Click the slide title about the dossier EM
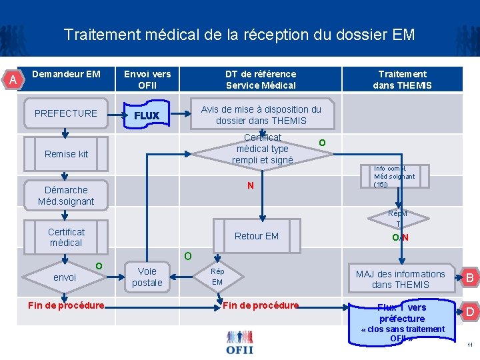pos(239,35)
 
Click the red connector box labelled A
pos(13,80)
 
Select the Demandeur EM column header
pos(66,74)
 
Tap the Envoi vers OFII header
pos(147,79)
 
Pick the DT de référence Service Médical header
pos(261,79)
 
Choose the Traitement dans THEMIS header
pos(402,79)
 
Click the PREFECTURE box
pos(66,113)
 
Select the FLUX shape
pos(147,115)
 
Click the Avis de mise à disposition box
pos(261,115)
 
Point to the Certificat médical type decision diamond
pos(262,149)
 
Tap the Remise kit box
pos(66,154)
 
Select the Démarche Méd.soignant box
pos(66,195)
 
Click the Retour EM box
pos(257,236)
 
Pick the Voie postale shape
pos(147,277)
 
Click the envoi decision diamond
pos(65,277)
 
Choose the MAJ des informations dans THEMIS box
pos(400,279)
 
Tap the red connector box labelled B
pos(469,278)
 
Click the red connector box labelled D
pos(469,311)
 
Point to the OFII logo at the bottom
pos(239,341)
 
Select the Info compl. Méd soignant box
pos(393,177)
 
